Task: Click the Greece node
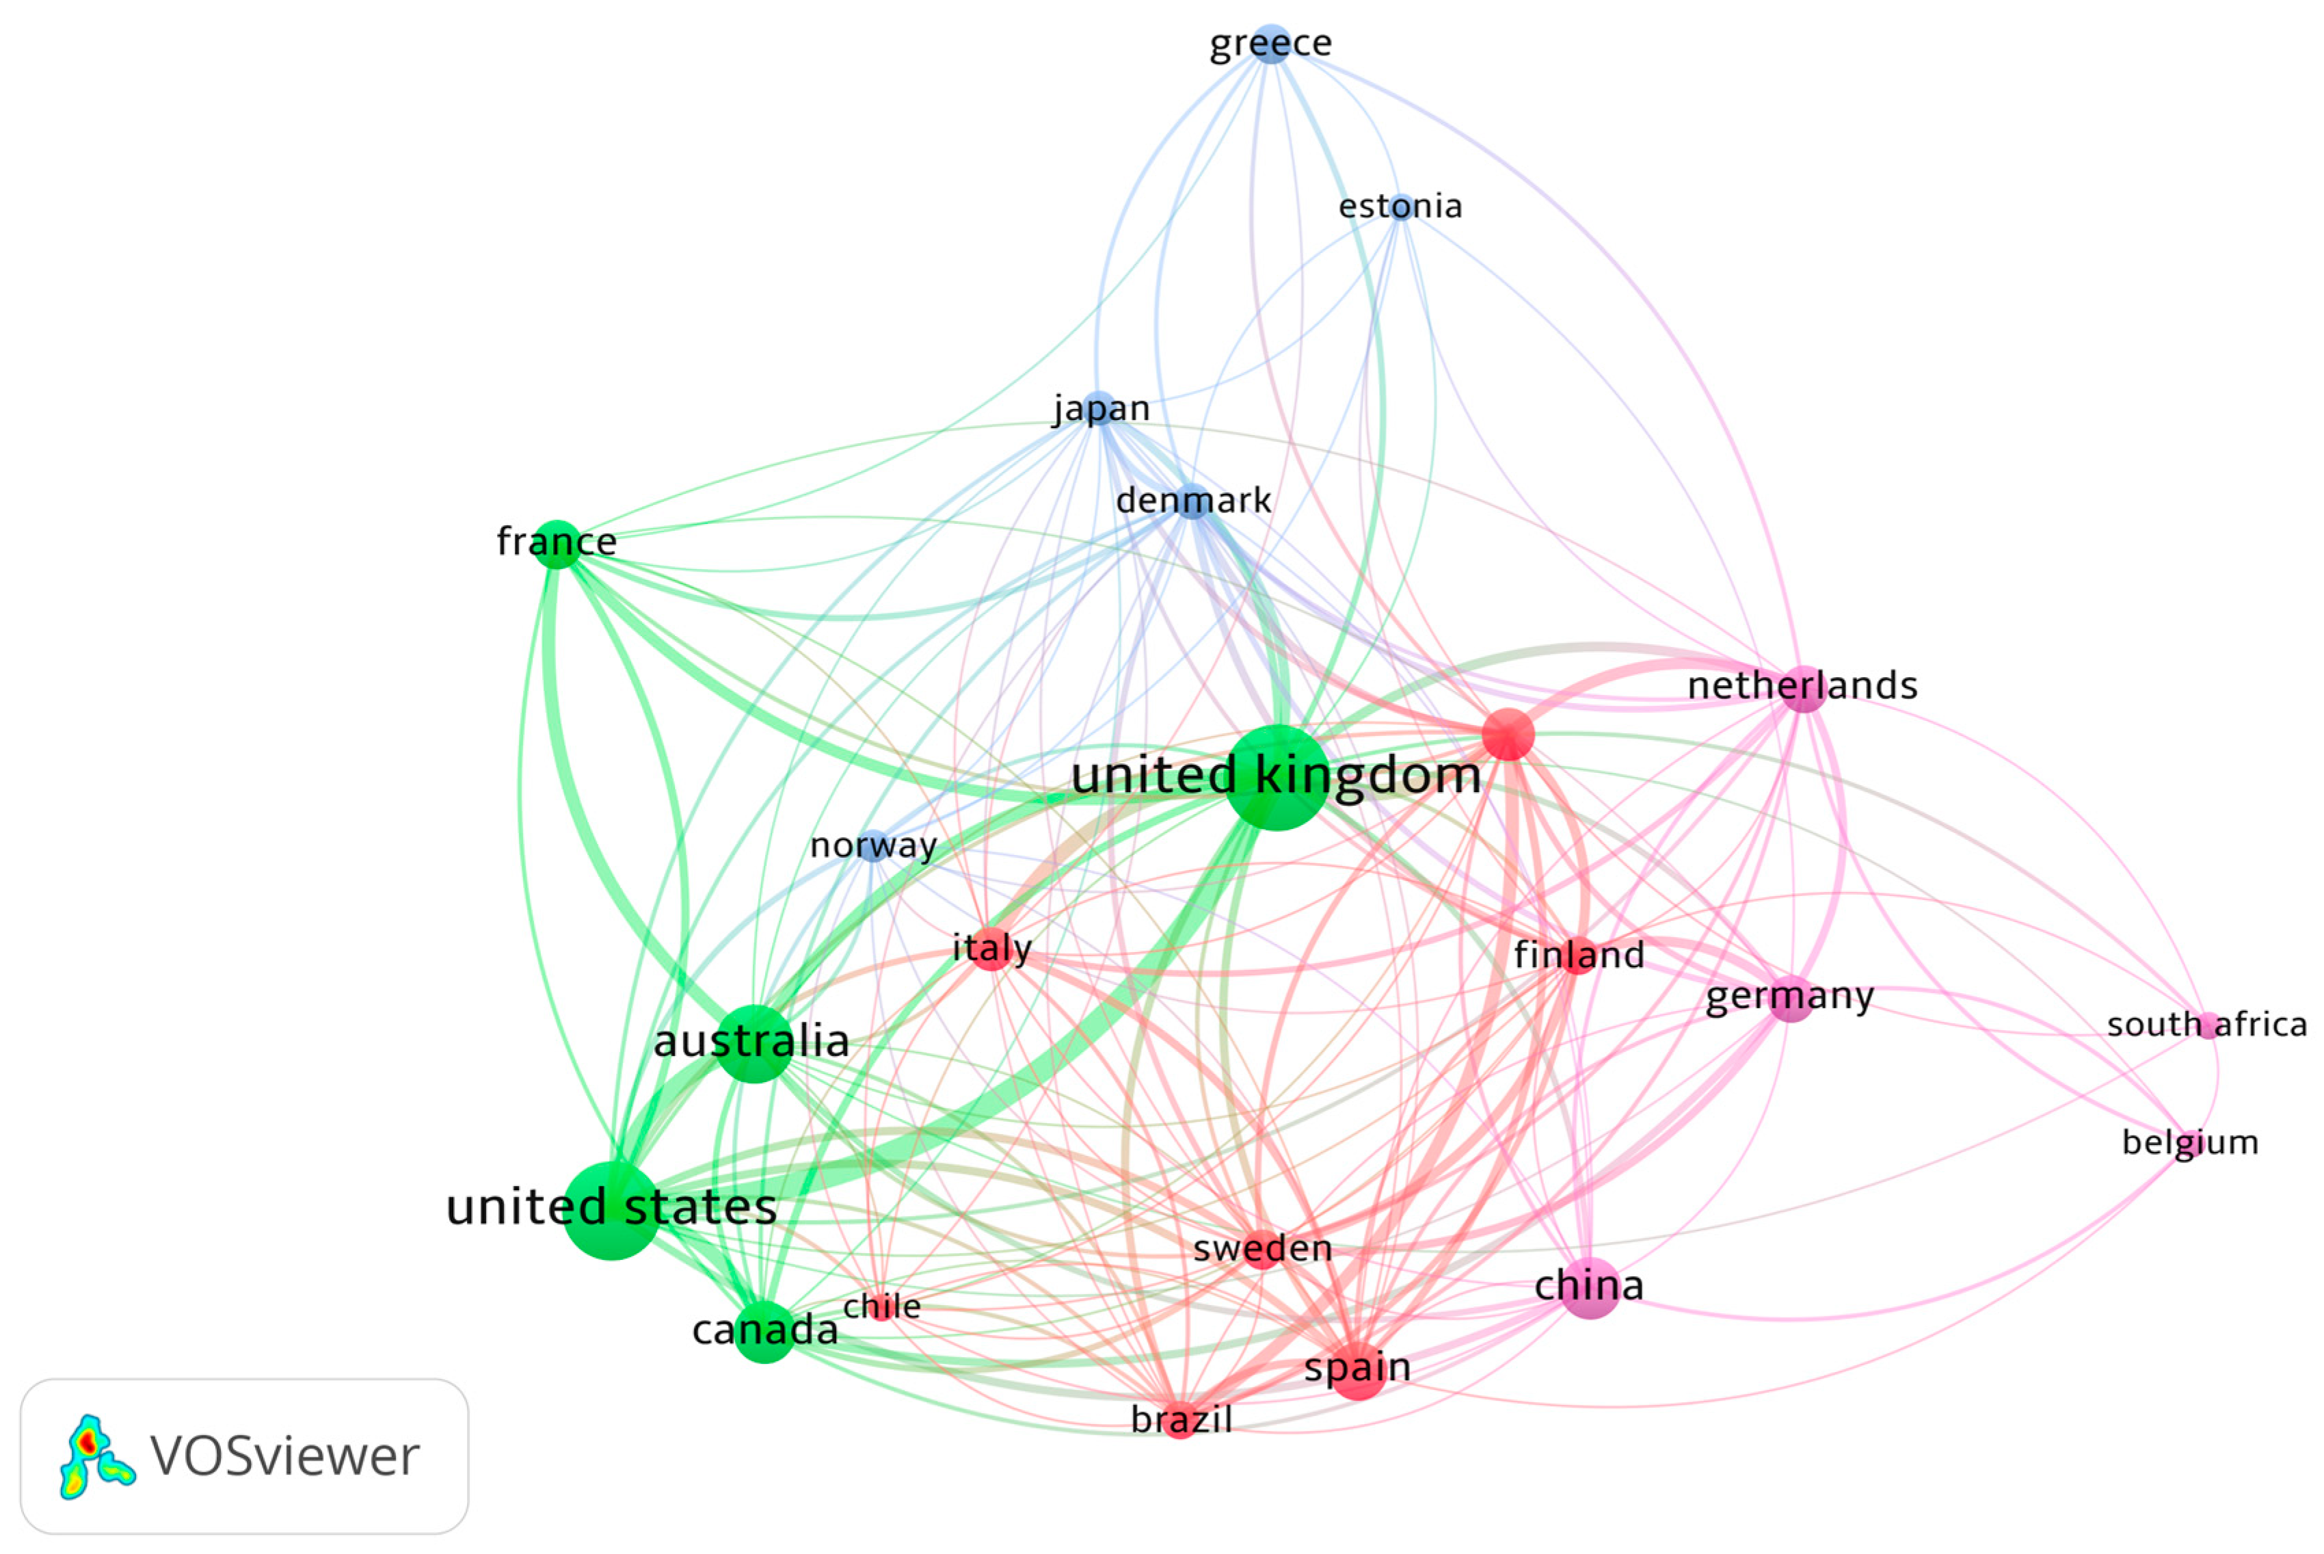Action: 1271,44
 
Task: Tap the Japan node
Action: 1097,408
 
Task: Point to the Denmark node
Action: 1192,501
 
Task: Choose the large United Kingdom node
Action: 1277,777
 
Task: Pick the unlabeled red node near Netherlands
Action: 1508,735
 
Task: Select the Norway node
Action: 872,846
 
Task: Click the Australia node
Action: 755,1044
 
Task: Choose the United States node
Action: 612,1210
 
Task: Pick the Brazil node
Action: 1179,1420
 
